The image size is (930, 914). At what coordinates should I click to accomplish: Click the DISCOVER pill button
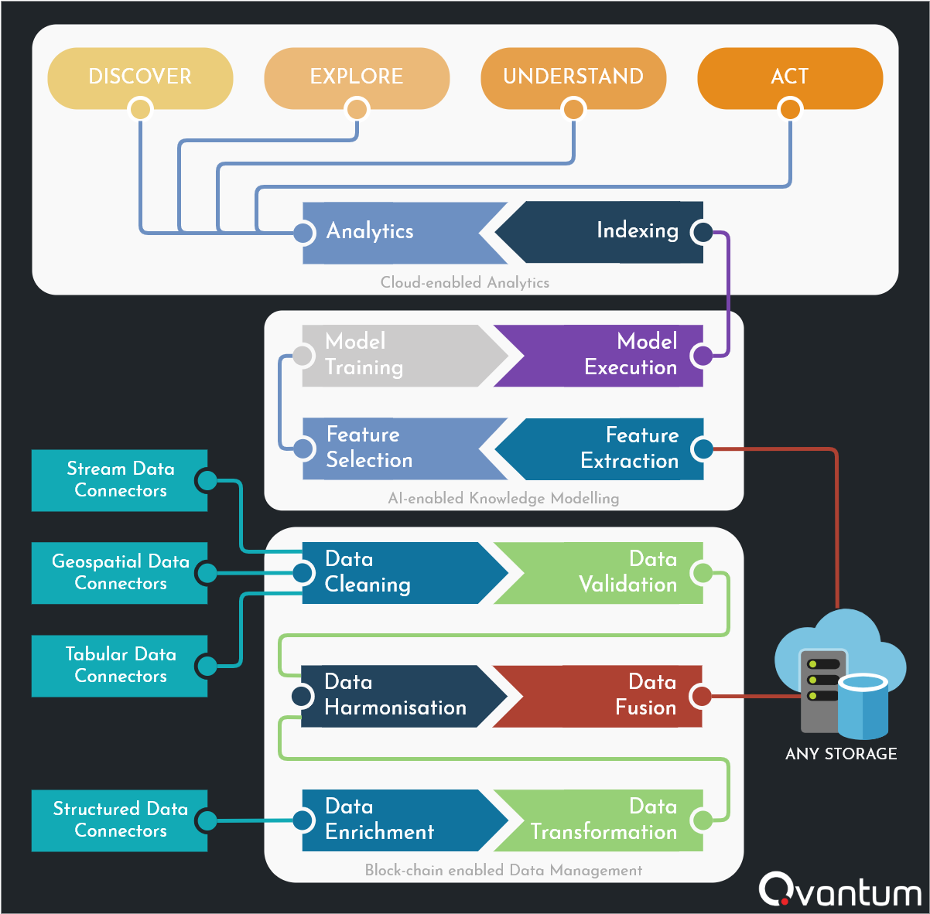(140, 77)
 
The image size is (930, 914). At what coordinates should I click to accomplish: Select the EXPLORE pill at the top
(357, 77)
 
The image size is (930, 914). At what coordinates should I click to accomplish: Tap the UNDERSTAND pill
(573, 77)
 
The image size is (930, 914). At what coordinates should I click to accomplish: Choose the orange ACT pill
(790, 77)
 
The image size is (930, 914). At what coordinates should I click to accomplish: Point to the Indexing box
(611, 231)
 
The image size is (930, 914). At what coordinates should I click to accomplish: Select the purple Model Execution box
(611, 355)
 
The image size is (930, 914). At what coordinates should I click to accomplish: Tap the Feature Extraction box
(611, 448)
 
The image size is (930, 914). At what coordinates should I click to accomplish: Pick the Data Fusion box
(611, 696)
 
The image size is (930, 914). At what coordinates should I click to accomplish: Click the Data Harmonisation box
(395, 696)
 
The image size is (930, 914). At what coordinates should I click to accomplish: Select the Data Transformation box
(611, 820)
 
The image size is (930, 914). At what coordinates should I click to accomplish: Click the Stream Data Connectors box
(120, 480)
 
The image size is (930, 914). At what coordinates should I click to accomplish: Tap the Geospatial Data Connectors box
(120, 573)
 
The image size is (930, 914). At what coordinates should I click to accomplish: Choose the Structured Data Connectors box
(120, 820)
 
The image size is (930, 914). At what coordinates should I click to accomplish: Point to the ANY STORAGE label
(841, 754)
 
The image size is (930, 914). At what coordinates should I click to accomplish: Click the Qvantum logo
(840, 891)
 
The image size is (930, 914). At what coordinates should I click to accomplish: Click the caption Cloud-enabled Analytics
(465, 282)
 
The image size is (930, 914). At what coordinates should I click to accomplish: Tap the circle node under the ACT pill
(790, 109)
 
